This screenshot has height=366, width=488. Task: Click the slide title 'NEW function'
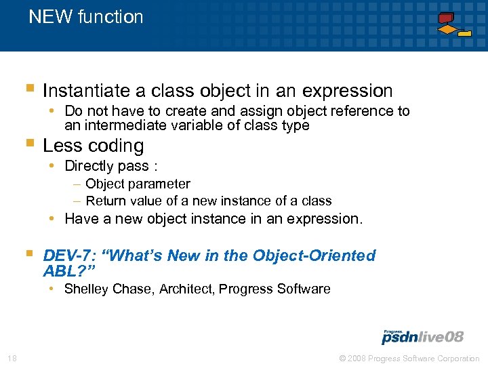pos(85,17)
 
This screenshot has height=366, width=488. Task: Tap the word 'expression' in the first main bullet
pos(348,91)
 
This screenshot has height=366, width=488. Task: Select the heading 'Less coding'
pos(93,146)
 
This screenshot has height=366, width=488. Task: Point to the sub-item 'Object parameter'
pos(138,184)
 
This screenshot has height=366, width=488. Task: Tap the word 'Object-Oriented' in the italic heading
pos(313,256)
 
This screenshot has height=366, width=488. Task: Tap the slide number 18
pos(12,358)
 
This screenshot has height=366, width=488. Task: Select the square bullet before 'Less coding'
pos(28,144)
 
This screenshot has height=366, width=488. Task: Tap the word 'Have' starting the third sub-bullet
pos(81,218)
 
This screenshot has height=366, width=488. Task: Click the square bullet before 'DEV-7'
pos(28,253)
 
